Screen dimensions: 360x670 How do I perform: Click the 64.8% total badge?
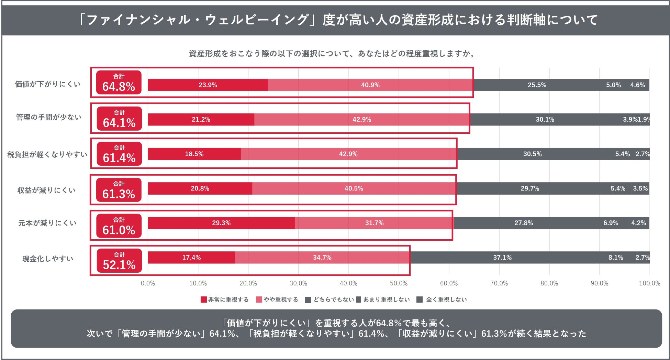(x=119, y=83)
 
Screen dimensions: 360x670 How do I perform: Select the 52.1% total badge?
(x=119, y=261)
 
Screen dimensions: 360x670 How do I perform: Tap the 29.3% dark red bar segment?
(x=221, y=223)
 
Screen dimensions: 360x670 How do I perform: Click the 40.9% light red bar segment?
(x=370, y=85)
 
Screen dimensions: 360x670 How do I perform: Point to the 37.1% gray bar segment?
(x=502, y=258)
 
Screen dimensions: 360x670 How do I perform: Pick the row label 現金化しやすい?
(x=48, y=259)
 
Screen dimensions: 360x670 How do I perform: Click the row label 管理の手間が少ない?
(x=49, y=117)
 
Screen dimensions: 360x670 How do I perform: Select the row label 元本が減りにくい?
(x=47, y=223)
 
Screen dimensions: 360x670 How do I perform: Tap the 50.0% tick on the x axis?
(x=399, y=283)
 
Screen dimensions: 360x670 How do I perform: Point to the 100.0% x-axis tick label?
(x=649, y=283)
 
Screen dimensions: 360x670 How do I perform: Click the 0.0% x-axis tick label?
(x=148, y=283)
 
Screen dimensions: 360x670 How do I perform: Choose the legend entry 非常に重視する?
(x=225, y=299)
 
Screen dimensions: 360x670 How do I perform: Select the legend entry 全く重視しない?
(x=442, y=299)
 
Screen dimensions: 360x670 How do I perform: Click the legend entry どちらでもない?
(x=330, y=299)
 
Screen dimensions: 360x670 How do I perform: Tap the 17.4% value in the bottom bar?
(x=191, y=258)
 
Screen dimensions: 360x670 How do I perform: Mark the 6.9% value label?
(x=611, y=223)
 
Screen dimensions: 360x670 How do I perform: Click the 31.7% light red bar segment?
(x=374, y=223)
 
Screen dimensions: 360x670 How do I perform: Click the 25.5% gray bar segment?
(x=537, y=85)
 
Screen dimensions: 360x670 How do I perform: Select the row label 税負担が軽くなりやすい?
(x=47, y=154)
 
